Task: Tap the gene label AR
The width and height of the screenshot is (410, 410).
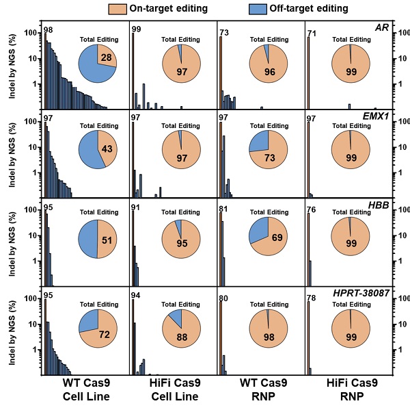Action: (x=382, y=27)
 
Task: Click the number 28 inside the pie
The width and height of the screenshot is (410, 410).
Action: (x=106, y=60)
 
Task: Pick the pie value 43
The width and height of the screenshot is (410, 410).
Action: (x=107, y=149)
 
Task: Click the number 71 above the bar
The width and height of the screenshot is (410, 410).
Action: (x=312, y=32)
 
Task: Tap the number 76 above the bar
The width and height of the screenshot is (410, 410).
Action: (x=312, y=209)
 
